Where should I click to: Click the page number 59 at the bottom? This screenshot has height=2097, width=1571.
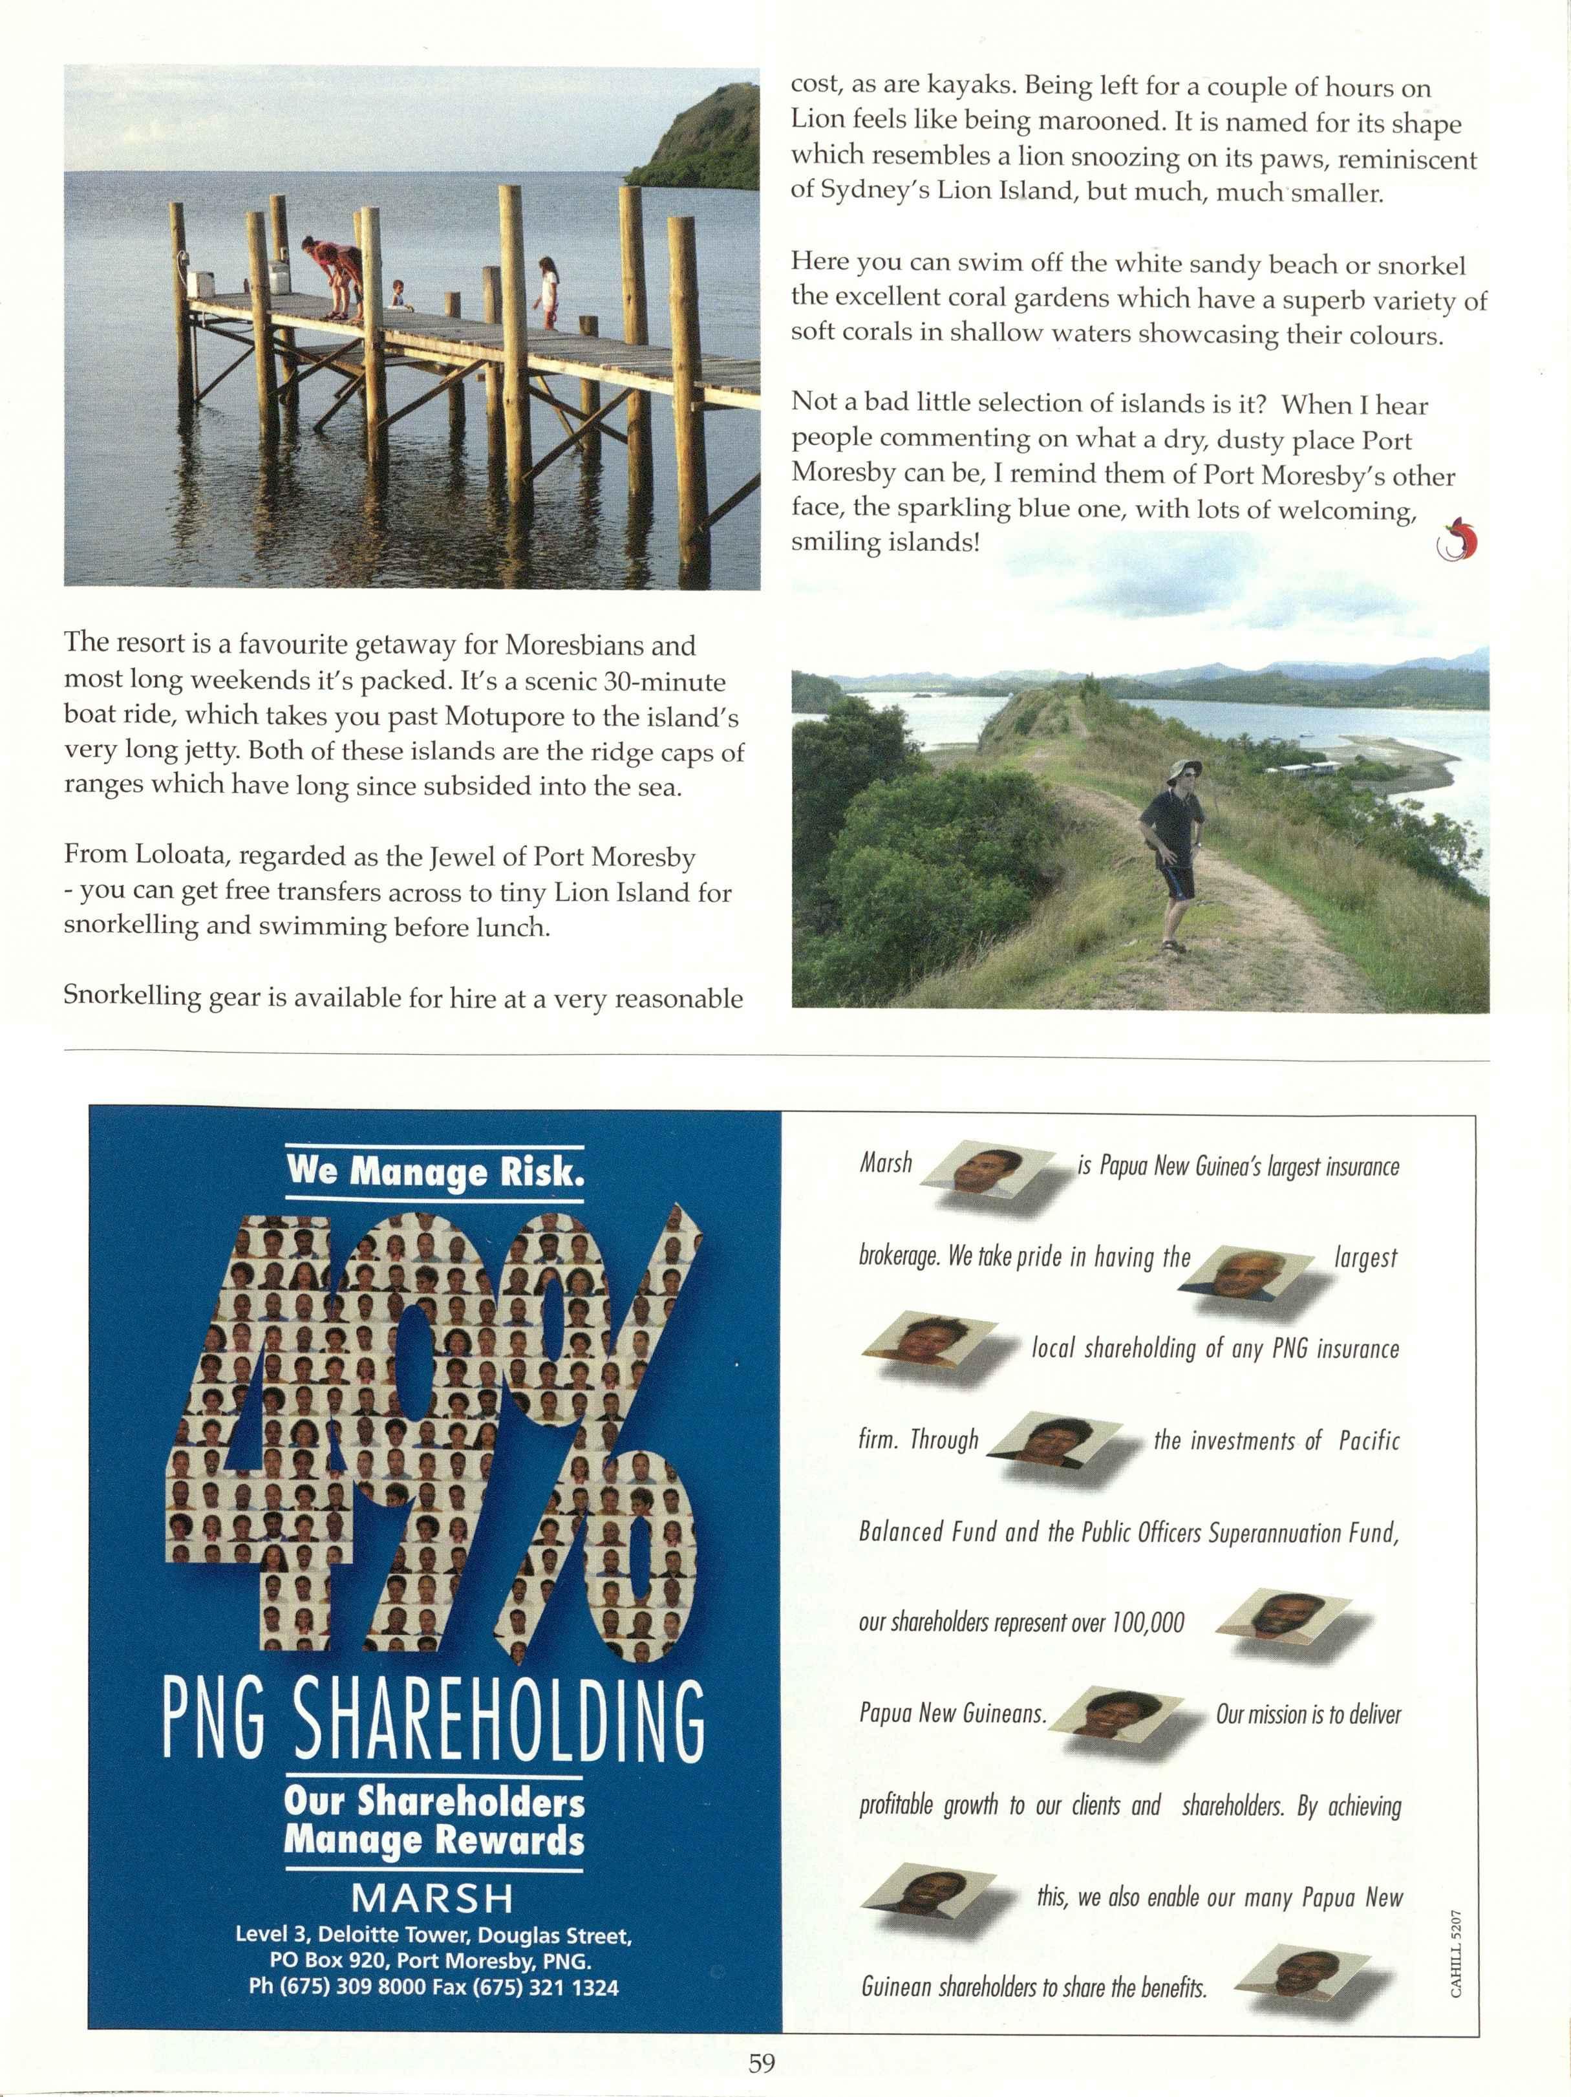[x=762, y=2063]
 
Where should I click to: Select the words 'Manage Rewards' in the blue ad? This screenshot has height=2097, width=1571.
[x=434, y=1840]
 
